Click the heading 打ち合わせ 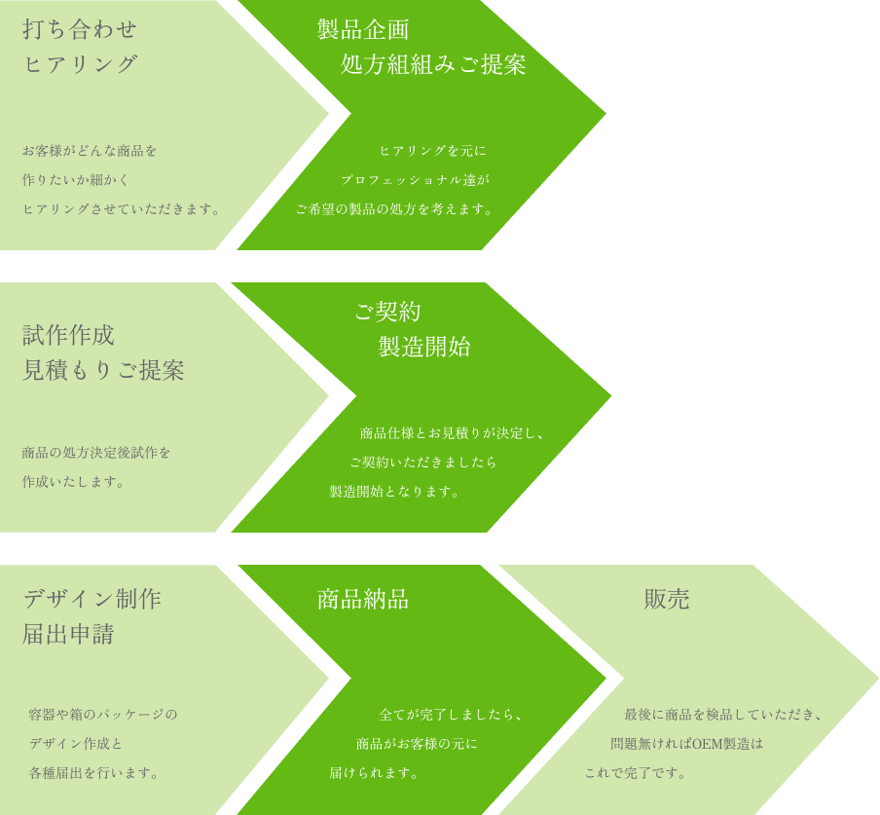tap(80, 29)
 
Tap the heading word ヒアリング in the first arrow tap(80, 64)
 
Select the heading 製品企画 tap(363, 29)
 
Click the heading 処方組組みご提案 tap(433, 64)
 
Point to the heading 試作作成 tap(68, 335)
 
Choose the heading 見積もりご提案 tap(103, 370)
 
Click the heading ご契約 tap(387, 312)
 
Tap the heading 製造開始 tap(424, 347)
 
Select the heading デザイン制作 tap(92, 599)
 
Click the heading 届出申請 tap(68, 634)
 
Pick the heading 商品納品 tap(363, 599)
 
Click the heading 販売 tap(667, 599)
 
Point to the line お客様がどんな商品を tap(90, 150)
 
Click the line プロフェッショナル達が tap(416, 179)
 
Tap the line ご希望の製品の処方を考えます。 tap(395, 208)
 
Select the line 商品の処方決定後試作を tap(96, 453)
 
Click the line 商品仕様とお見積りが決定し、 tap(453, 432)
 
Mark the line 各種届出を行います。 tap(94, 773)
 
